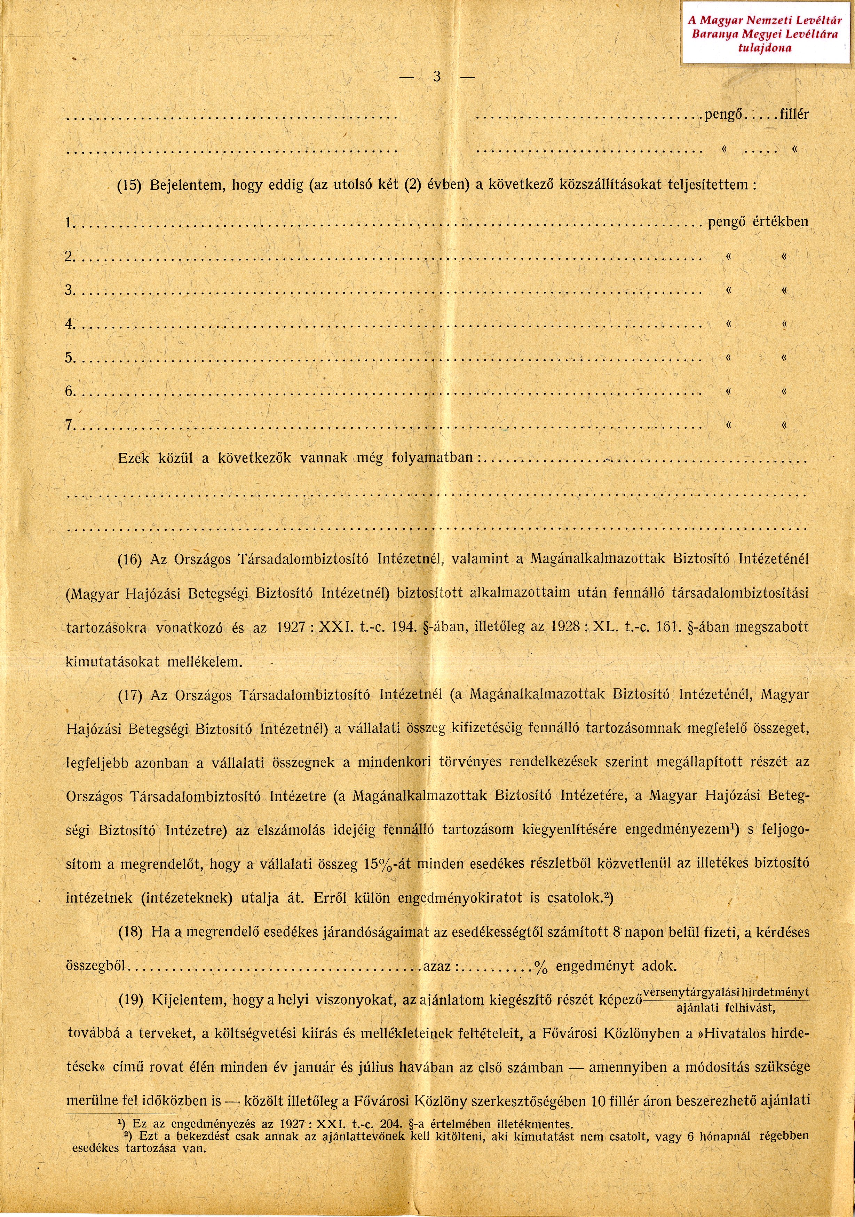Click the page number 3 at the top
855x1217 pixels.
(x=437, y=77)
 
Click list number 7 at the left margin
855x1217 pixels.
(x=69, y=425)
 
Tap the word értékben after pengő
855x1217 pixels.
(x=781, y=221)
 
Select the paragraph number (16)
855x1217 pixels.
(x=130, y=560)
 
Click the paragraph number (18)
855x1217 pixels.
(x=130, y=932)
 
